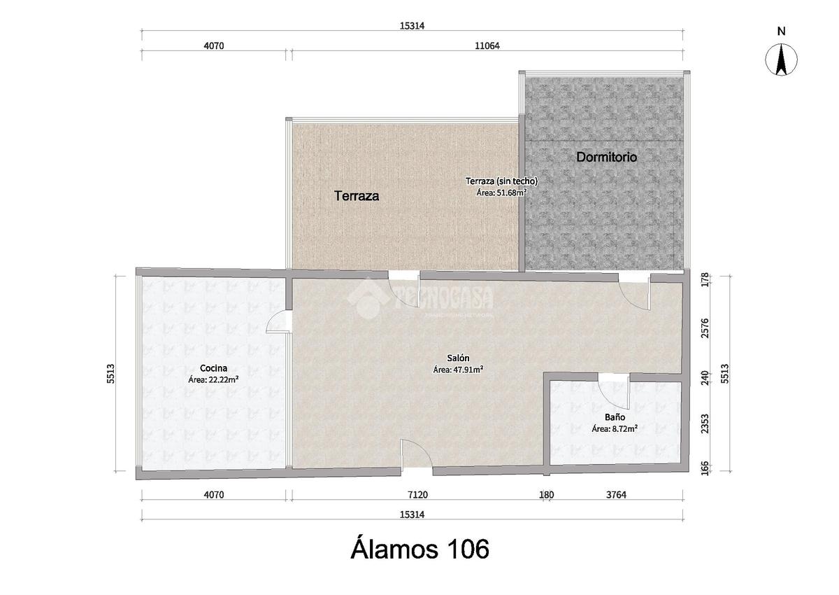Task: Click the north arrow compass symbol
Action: tap(782, 60)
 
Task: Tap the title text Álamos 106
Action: tap(420, 549)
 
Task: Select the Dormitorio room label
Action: tap(606, 157)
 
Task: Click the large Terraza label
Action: tap(356, 196)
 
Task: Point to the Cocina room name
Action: tap(213, 368)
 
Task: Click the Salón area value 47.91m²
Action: tap(468, 370)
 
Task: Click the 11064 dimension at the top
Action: tap(487, 45)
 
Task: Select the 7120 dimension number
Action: tap(417, 495)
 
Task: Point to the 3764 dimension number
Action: tap(616, 495)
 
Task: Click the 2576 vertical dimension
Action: tap(705, 328)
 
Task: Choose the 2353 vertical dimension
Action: tap(705, 423)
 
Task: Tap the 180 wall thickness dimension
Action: tap(547, 495)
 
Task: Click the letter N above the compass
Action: tap(782, 31)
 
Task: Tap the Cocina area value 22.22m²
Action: tap(213, 379)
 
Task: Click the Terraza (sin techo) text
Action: tap(501, 181)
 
